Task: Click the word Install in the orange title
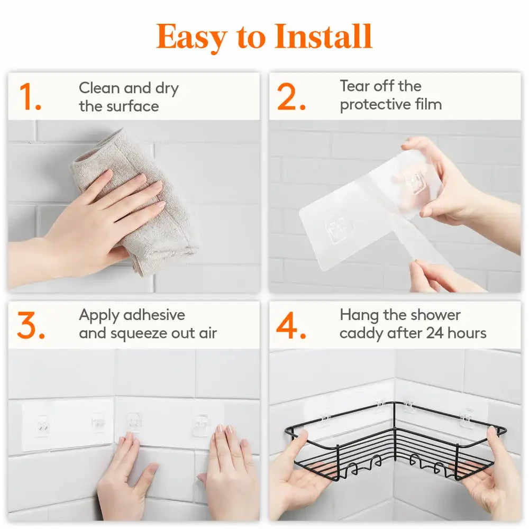tap(323, 37)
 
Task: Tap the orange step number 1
tap(30, 97)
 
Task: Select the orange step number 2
tap(291, 97)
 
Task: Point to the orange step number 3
tap(31, 325)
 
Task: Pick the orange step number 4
tap(291, 325)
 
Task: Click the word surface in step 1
tap(133, 106)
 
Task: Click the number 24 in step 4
tap(434, 333)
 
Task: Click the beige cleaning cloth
tap(135, 203)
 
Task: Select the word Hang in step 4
tap(359, 316)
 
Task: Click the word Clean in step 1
tap(99, 88)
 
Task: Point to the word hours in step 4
tap(467, 333)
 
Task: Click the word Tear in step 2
tap(355, 86)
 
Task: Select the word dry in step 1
tap(167, 89)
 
